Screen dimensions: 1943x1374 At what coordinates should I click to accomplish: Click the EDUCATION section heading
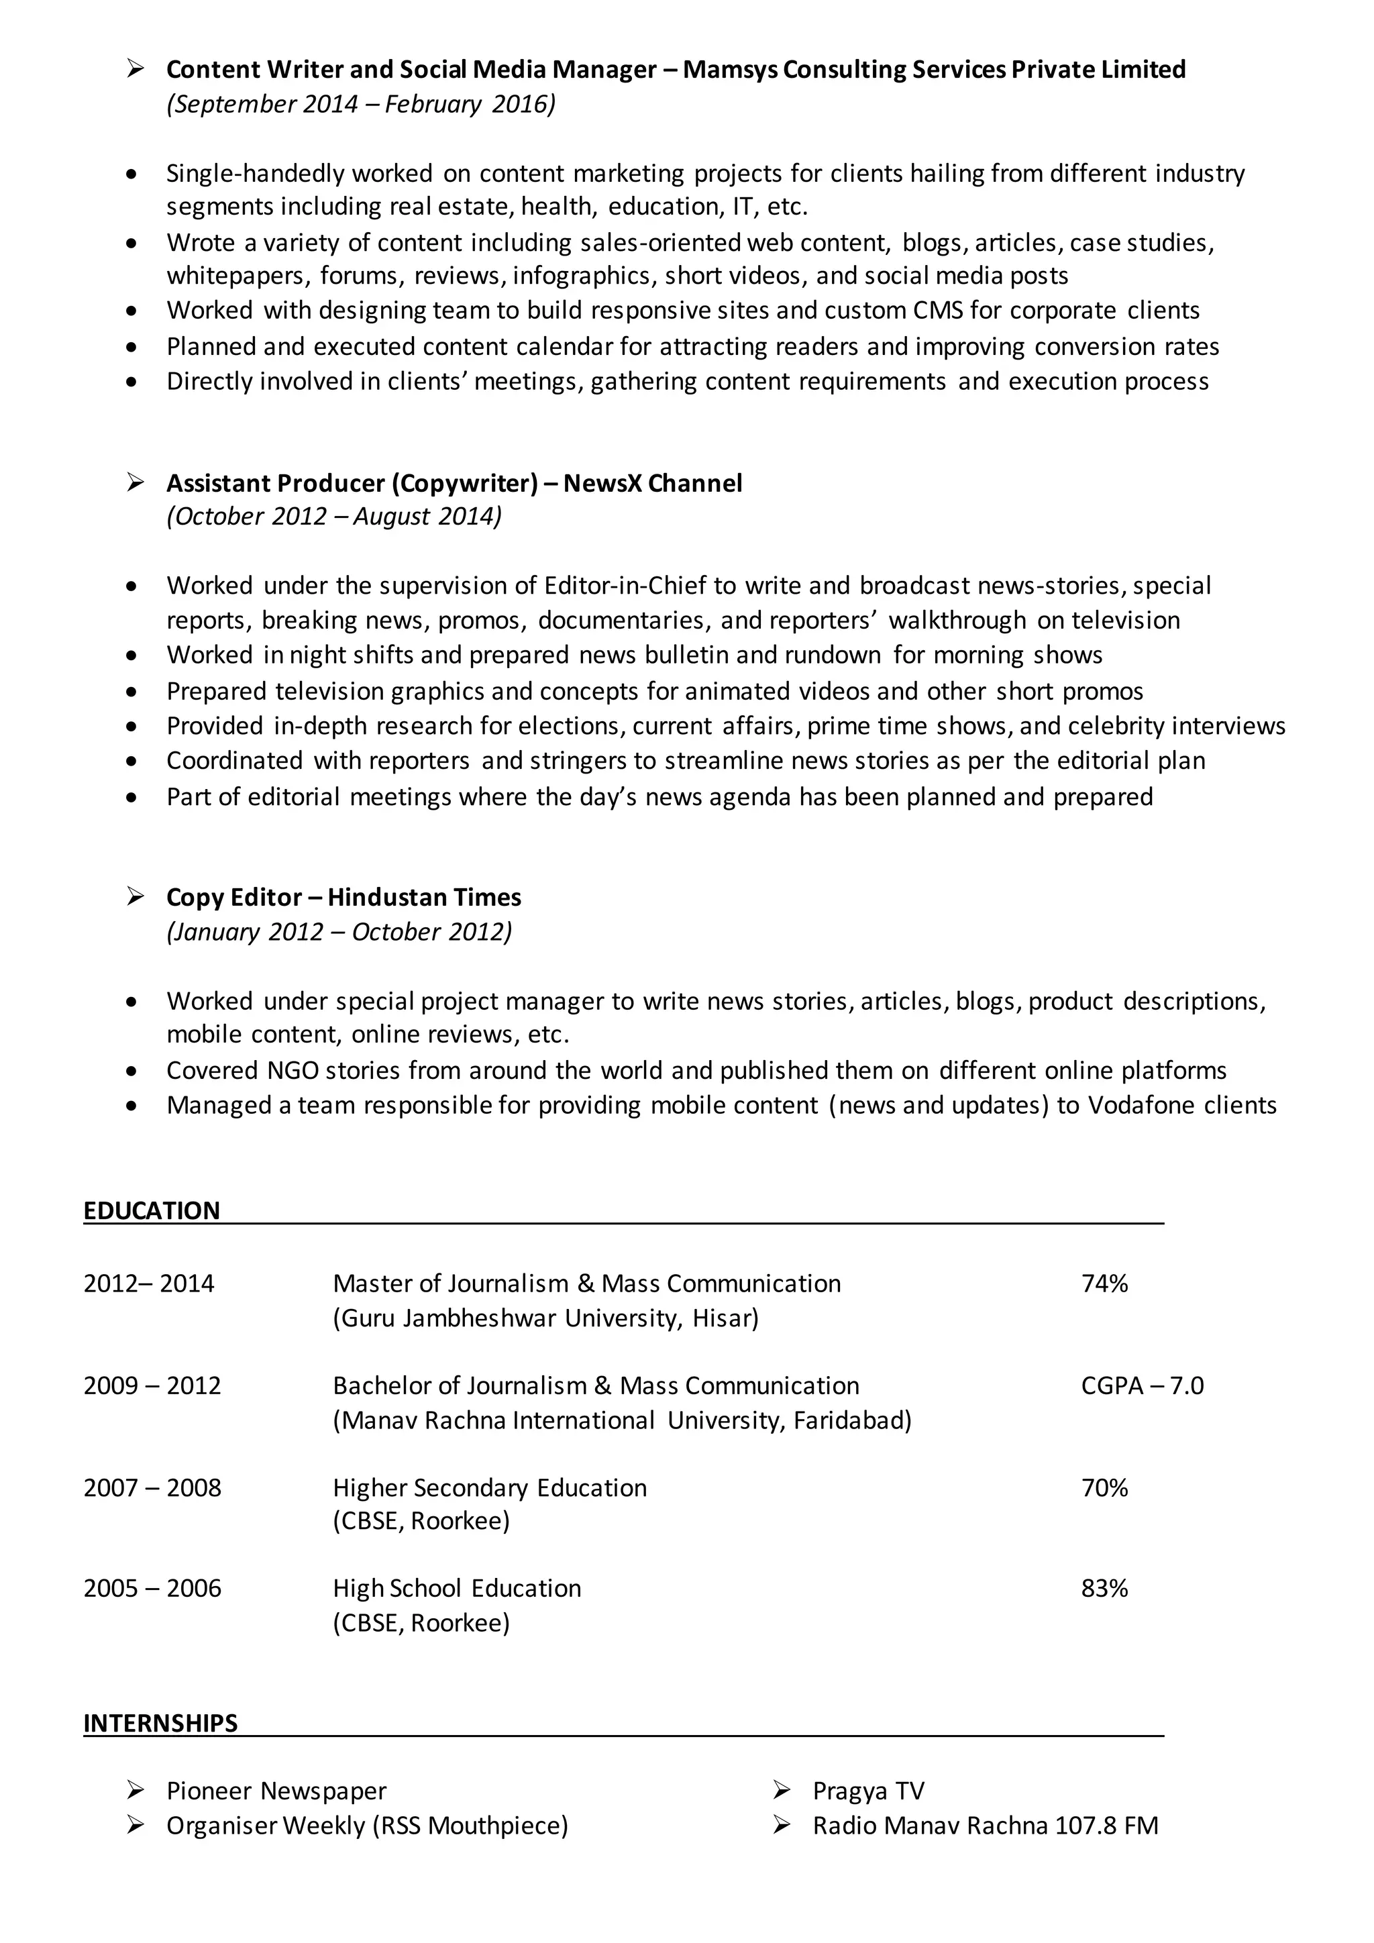(152, 1211)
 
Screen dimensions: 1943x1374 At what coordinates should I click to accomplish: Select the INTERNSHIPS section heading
(161, 1724)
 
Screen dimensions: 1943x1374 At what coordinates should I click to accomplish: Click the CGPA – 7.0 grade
(1141, 1385)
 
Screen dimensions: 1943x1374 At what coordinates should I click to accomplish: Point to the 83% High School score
(1104, 1589)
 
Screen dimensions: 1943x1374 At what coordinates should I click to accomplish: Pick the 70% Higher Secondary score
(1104, 1487)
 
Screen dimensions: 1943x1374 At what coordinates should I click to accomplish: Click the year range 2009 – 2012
(152, 1385)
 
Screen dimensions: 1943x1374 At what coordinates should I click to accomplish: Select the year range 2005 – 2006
(152, 1589)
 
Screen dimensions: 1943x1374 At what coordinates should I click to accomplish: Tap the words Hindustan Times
(424, 897)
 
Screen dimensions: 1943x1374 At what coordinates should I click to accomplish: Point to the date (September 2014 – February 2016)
(361, 104)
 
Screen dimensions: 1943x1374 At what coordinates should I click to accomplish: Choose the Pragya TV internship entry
(868, 1791)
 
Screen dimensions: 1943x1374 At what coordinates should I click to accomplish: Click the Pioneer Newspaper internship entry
(276, 1791)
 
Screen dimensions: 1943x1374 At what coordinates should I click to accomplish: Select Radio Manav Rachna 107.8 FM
(985, 1826)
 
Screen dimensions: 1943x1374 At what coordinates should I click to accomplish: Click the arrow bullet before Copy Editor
(136, 896)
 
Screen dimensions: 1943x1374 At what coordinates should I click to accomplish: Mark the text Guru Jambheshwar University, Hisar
(545, 1318)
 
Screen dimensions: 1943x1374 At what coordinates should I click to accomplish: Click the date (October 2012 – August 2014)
(334, 516)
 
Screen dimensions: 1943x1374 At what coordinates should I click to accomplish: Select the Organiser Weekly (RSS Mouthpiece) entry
(367, 1826)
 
